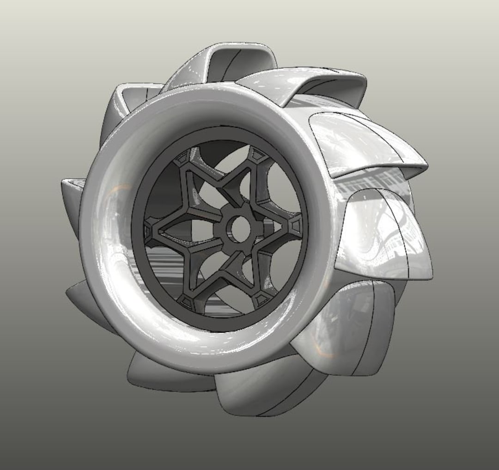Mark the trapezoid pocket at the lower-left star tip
187,302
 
